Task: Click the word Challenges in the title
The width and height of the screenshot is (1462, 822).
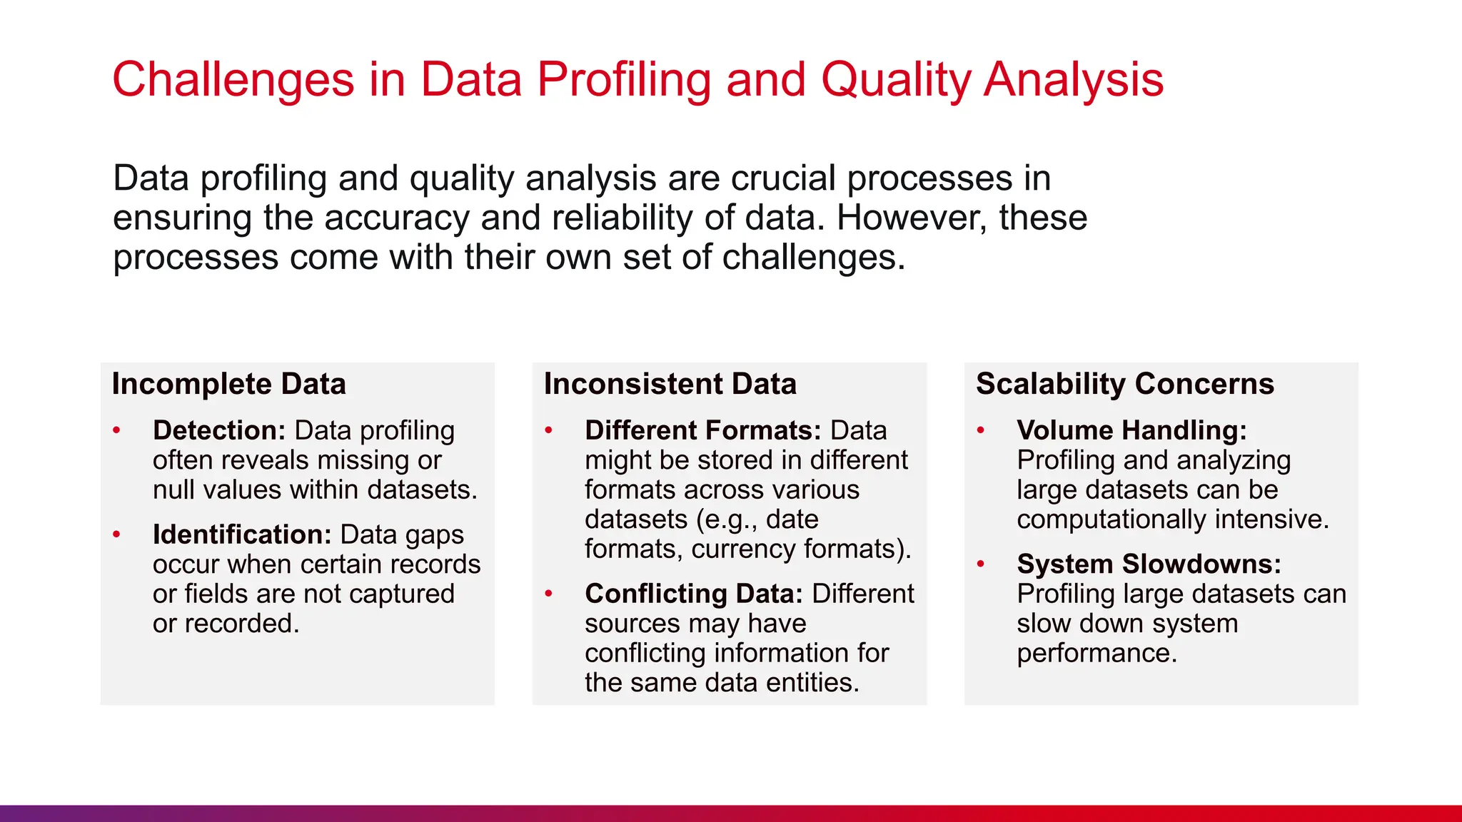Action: coord(233,79)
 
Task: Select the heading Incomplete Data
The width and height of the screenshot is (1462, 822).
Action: coord(228,384)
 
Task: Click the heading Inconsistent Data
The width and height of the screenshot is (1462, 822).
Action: coord(670,384)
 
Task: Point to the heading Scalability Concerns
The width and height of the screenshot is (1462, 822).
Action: coord(1124,384)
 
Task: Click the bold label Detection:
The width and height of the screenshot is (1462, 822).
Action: coord(218,430)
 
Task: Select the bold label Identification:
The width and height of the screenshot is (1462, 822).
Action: coord(242,534)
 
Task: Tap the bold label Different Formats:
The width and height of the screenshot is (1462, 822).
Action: coord(702,430)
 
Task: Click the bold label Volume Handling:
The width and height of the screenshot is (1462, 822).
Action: coord(1131,430)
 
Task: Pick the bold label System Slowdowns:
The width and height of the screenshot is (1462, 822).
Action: coord(1149,564)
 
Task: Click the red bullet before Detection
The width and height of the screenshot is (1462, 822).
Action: coord(117,430)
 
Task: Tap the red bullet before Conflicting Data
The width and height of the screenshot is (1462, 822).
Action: coord(549,594)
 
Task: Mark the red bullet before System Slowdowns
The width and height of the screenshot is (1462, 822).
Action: coord(981,564)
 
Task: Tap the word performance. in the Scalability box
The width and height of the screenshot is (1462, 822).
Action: coord(1096,654)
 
